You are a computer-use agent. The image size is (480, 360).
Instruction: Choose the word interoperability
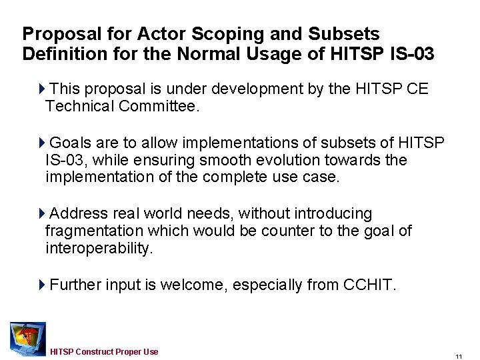(x=99, y=248)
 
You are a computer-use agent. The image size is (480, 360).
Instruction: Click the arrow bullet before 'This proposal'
(x=43, y=88)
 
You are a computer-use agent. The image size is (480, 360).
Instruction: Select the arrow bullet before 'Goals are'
(x=43, y=143)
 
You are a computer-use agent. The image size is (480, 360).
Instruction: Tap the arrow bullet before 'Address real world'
(x=43, y=213)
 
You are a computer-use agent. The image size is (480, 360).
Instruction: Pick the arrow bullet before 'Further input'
(x=43, y=285)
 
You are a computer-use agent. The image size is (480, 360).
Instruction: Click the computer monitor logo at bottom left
(x=27, y=338)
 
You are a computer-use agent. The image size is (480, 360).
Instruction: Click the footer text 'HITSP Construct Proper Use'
(x=104, y=351)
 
